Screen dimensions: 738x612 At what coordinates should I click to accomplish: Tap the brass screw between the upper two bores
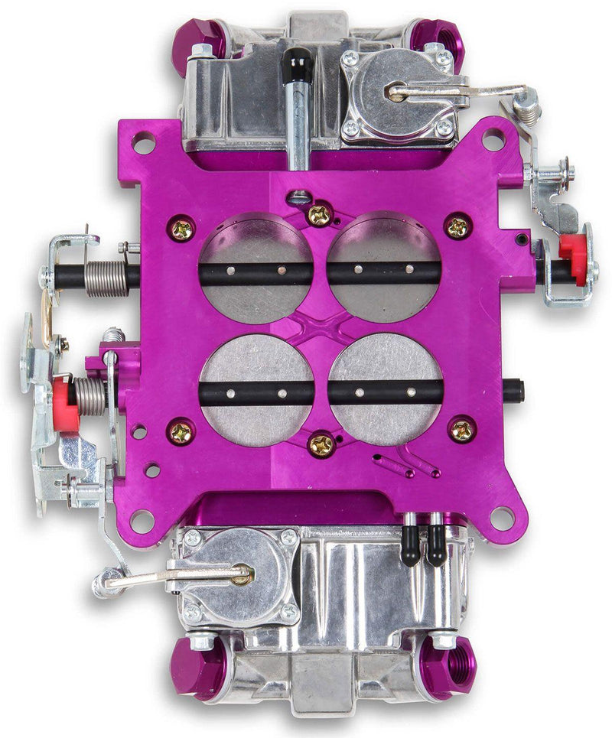[319, 216]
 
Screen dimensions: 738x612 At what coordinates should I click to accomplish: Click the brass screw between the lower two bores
[321, 444]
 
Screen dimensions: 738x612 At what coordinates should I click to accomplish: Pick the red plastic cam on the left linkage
[65, 402]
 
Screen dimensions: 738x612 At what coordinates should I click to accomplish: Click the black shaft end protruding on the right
[514, 392]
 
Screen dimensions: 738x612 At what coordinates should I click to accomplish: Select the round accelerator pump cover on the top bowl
[396, 96]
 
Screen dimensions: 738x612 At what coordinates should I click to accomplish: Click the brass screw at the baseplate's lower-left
[182, 433]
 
